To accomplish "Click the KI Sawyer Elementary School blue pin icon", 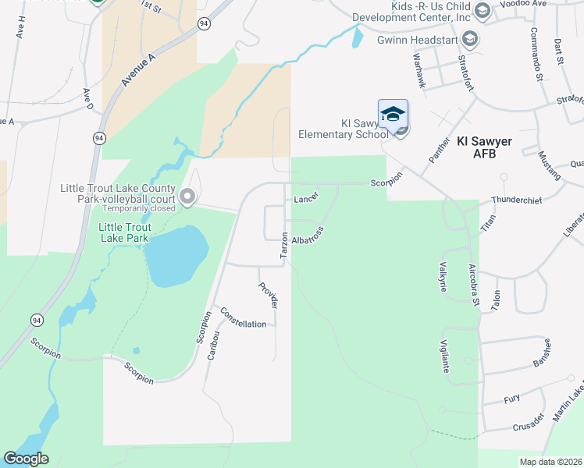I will [x=393, y=115].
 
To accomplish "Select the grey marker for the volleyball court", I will [x=187, y=197].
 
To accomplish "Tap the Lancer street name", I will [x=307, y=198].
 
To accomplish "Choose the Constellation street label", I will [x=244, y=317].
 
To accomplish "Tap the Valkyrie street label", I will [x=443, y=276].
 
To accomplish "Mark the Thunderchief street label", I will [x=516, y=200].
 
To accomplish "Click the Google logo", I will [x=26, y=459].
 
